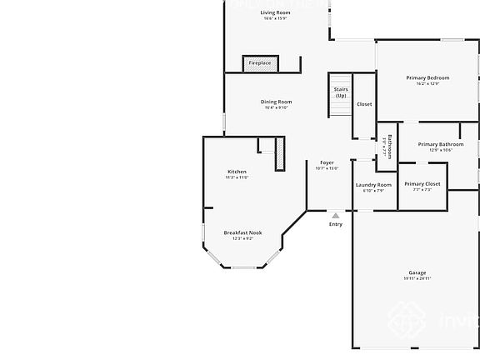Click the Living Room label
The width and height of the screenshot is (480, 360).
[274, 12]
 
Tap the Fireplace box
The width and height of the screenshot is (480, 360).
[259, 63]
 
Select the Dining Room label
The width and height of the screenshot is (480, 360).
[276, 102]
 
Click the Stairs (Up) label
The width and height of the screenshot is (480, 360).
[340, 92]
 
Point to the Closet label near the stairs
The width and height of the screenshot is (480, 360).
[364, 104]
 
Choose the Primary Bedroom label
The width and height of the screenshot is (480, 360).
[427, 77]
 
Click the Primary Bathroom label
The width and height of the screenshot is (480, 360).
[440, 144]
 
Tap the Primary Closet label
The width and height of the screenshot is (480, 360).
[422, 183]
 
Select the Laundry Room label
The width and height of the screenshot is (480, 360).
[372, 185]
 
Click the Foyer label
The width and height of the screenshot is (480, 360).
[327, 162]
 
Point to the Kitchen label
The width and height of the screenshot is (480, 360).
[237, 172]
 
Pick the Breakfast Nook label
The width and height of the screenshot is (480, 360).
[242, 232]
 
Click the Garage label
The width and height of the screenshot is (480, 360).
[417, 272]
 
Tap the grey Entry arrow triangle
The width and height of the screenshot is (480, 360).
[335, 215]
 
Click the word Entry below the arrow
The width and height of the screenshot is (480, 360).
[335, 224]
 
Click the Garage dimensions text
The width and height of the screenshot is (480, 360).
[417, 278]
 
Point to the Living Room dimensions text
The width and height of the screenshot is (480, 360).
[274, 18]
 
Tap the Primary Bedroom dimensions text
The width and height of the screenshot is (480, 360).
[427, 83]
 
